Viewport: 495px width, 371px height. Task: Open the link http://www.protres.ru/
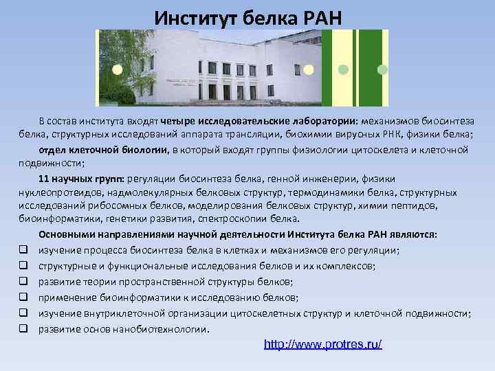pos(323,344)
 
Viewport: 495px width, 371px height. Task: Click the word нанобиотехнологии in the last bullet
pos(164,329)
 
